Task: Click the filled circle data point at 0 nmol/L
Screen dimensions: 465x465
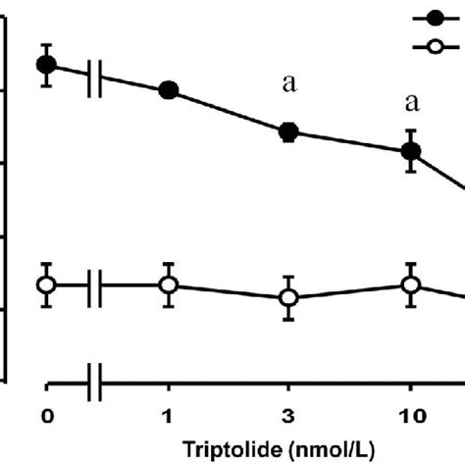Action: point(46,65)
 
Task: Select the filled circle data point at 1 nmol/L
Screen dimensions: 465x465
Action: point(169,90)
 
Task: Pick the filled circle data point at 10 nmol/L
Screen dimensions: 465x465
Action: point(411,150)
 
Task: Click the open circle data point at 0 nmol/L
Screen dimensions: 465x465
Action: point(46,284)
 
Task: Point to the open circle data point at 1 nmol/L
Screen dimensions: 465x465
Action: point(169,284)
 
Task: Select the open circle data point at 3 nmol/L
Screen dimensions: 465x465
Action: point(289,297)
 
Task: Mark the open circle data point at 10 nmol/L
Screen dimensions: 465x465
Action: point(411,284)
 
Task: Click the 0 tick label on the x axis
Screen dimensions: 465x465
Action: point(46,414)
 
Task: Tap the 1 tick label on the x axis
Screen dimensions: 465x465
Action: point(169,414)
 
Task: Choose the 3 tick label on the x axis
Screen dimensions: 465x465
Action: point(289,414)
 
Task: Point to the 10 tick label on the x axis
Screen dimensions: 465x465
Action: point(411,414)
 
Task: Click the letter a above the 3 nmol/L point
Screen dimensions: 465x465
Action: point(289,84)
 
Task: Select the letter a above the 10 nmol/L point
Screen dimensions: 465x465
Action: point(412,102)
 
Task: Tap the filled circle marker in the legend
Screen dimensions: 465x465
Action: point(433,18)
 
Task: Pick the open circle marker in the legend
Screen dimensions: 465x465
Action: point(433,46)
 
